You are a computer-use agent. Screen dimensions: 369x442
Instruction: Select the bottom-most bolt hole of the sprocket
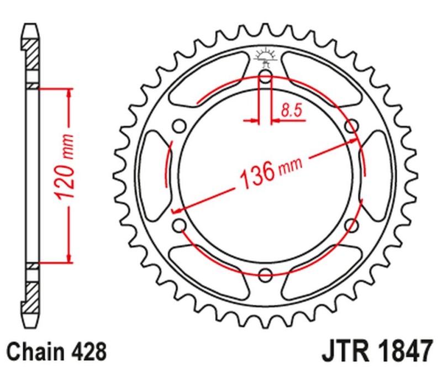tap(265, 275)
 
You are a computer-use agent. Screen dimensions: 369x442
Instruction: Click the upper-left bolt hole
tap(179, 126)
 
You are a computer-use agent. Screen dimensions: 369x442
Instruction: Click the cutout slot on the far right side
tap(375, 175)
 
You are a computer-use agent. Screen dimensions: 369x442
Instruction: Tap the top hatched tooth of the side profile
tap(32, 52)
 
